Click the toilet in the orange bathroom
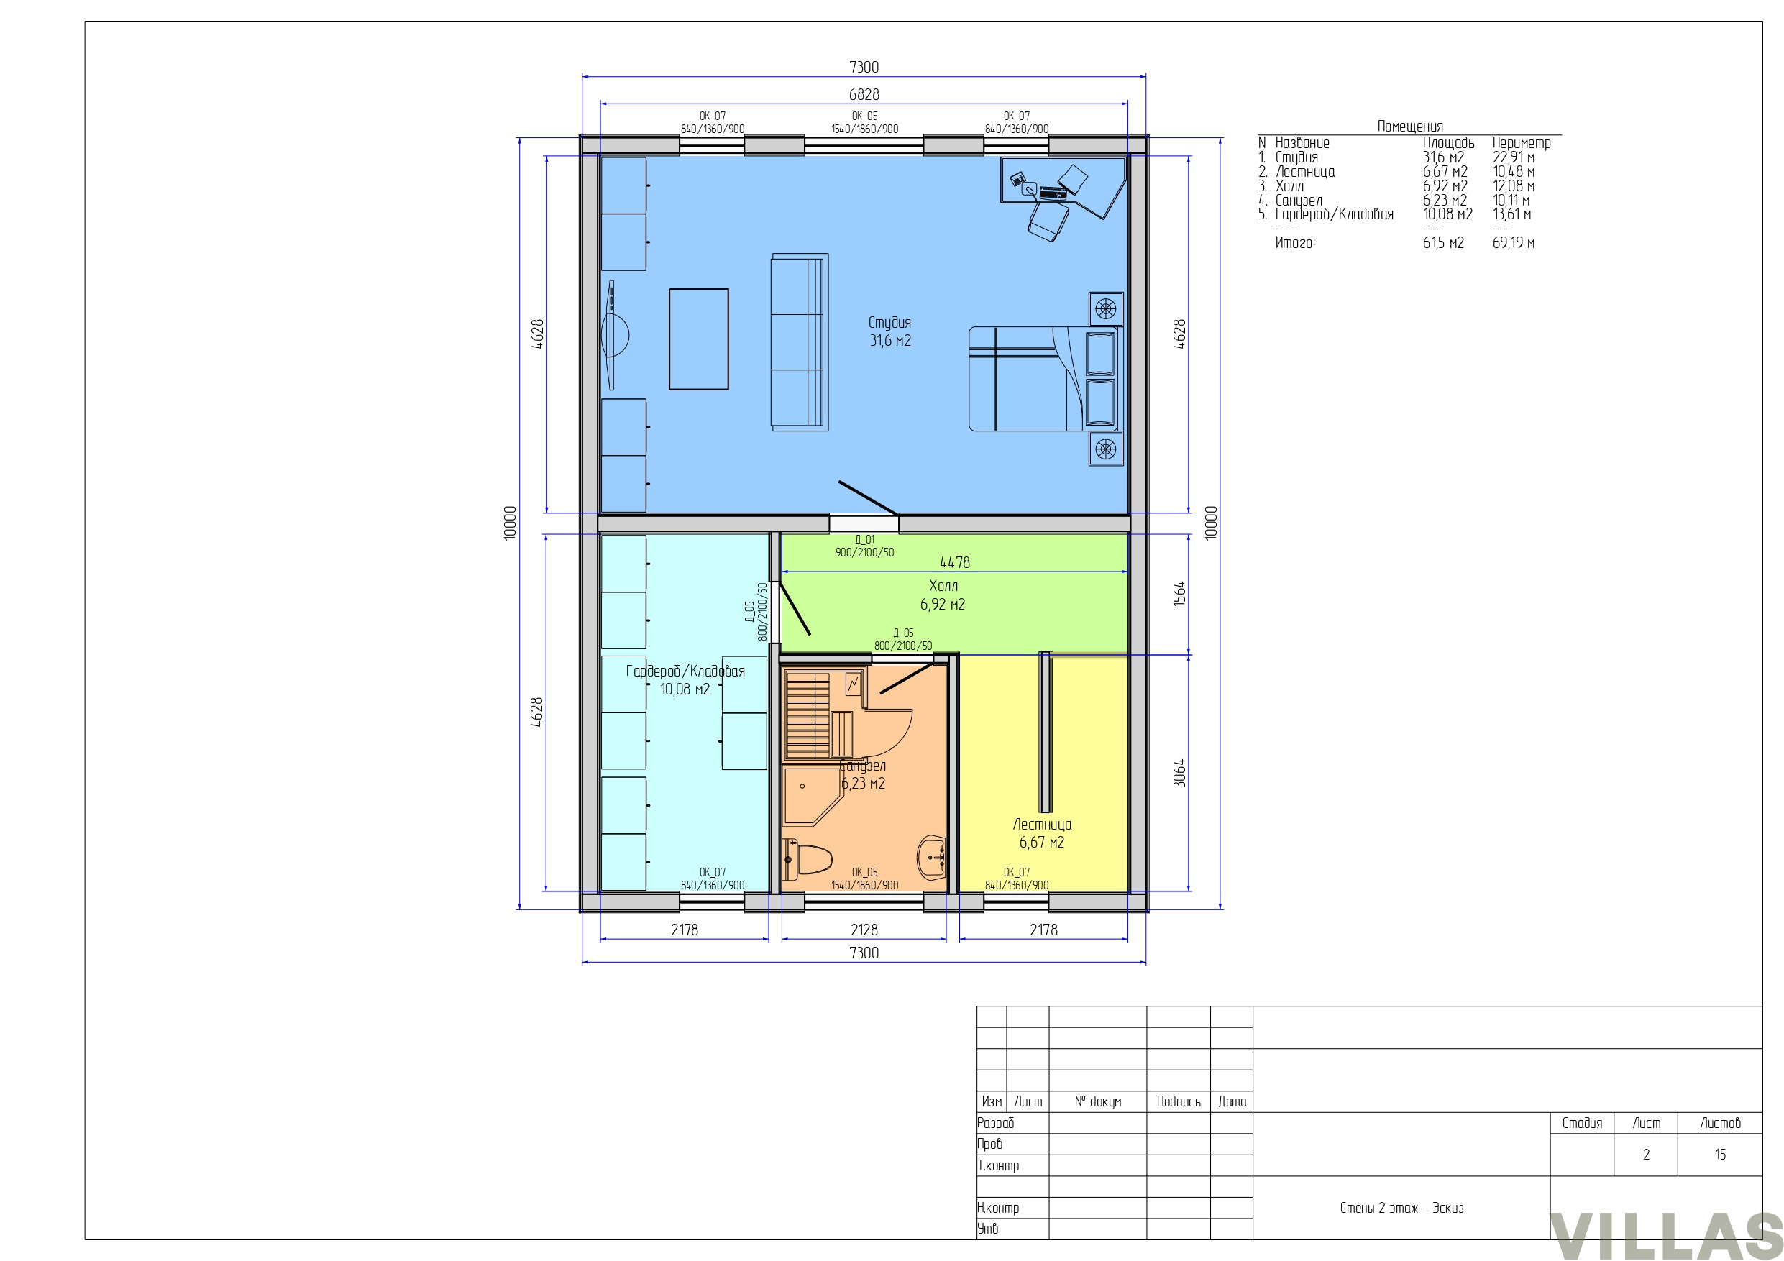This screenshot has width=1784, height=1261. coord(808,860)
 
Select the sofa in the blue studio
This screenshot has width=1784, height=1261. coord(800,342)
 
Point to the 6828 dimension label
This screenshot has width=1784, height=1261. coord(864,94)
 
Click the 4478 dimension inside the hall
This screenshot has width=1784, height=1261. coord(955,561)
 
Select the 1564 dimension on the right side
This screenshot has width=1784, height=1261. coord(1179,594)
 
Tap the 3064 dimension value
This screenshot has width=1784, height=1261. coord(1179,773)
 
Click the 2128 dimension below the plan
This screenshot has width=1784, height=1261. coord(864,930)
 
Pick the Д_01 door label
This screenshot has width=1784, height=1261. coord(865,539)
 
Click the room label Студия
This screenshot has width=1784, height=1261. coord(889,322)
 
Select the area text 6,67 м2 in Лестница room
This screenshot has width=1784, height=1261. coord(1042,842)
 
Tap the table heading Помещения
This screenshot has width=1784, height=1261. coord(1410,126)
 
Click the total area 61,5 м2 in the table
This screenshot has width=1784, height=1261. coord(1443,242)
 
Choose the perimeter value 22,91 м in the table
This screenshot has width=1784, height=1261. coord(1514,157)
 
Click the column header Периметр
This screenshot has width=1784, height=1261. coord(1522,143)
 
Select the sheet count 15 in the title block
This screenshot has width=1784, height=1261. coord(1720,1154)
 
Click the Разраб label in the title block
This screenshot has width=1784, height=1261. coord(995,1123)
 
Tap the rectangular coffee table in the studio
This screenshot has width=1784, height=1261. coord(698,339)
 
